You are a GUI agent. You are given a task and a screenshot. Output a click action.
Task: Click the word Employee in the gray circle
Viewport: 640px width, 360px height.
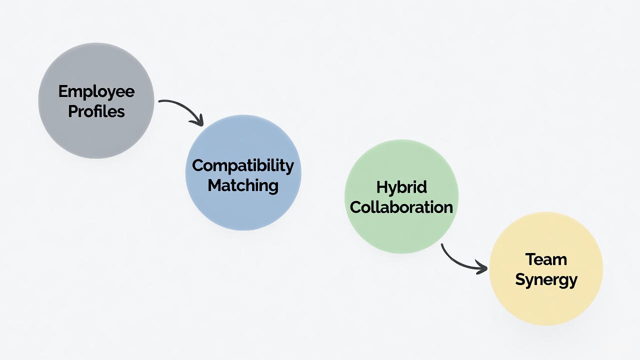click(96, 92)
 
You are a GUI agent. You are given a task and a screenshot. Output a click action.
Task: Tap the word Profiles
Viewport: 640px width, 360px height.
click(96, 110)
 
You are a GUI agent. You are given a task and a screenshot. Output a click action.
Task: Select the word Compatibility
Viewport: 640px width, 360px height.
click(243, 166)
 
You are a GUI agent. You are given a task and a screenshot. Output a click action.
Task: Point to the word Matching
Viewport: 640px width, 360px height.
click(243, 185)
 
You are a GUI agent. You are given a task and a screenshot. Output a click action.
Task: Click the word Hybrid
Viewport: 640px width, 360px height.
click(401, 187)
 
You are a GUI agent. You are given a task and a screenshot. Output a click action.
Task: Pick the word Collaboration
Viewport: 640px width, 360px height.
click(401, 207)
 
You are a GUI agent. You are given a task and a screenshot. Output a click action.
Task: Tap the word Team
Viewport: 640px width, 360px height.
click(546, 259)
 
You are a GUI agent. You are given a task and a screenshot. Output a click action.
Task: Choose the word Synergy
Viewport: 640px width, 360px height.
click(546, 279)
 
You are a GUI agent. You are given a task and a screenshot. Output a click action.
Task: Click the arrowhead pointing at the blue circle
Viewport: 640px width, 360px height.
click(199, 120)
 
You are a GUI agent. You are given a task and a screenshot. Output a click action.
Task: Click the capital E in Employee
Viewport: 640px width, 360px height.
click(63, 91)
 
